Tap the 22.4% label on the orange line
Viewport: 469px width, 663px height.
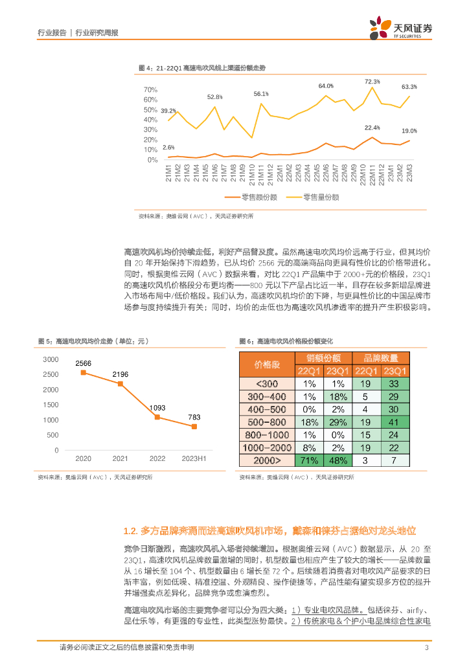pyautogui.click(x=372, y=128)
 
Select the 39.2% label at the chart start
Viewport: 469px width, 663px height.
pyautogui.click(x=168, y=111)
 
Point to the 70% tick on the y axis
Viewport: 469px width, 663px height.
pyautogui.click(x=150, y=89)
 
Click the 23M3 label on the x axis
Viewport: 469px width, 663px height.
pyautogui.click(x=410, y=175)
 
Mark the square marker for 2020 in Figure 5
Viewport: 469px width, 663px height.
pyautogui.click(x=83, y=372)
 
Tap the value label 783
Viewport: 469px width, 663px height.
pyautogui.click(x=194, y=418)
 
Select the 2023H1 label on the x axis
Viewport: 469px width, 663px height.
pyautogui.click(x=194, y=458)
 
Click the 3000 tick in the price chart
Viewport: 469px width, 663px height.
pyautogui.click(x=51, y=359)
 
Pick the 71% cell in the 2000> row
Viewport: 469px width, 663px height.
pyautogui.click(x=310, y=460)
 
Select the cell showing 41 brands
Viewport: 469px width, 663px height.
pyautogui.click(x=392, y=421)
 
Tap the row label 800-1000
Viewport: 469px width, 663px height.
pyautogui.click(x=267, y=434)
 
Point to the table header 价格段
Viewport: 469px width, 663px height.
pyautogui.click(x=267, y=365)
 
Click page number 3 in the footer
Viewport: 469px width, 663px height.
pyautogui.click(x=426, y=648)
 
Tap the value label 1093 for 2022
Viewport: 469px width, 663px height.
pyautogui.click(x=157, y=408)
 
